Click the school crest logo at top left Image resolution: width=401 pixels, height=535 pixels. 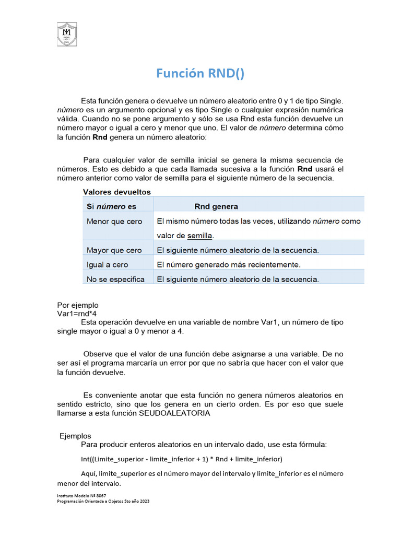(x=67, y=34)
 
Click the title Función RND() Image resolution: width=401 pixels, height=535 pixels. (x=200, y=74)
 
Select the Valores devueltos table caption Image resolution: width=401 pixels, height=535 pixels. (x=116, y=192)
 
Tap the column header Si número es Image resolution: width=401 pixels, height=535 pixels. (x=111, y=206)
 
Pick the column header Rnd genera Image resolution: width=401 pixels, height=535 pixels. (x=216, y=206)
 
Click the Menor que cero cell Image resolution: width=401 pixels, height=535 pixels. (x=114, y=222)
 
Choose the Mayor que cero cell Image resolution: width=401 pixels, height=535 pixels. (x=114, y=250)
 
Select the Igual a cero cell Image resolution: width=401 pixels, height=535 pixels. (x=107, y=265)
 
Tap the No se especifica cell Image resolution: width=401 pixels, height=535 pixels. (x=115, y=280)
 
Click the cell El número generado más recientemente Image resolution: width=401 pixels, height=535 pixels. (x=229, y=265)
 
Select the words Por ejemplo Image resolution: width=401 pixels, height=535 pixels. (x=77, y=305)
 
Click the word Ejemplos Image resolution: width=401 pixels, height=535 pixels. (x=75, y=436)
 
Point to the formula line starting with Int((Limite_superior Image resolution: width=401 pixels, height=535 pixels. (x=181, y=459)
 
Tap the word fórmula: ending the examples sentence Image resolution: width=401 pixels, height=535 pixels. (x=312, y=444)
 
